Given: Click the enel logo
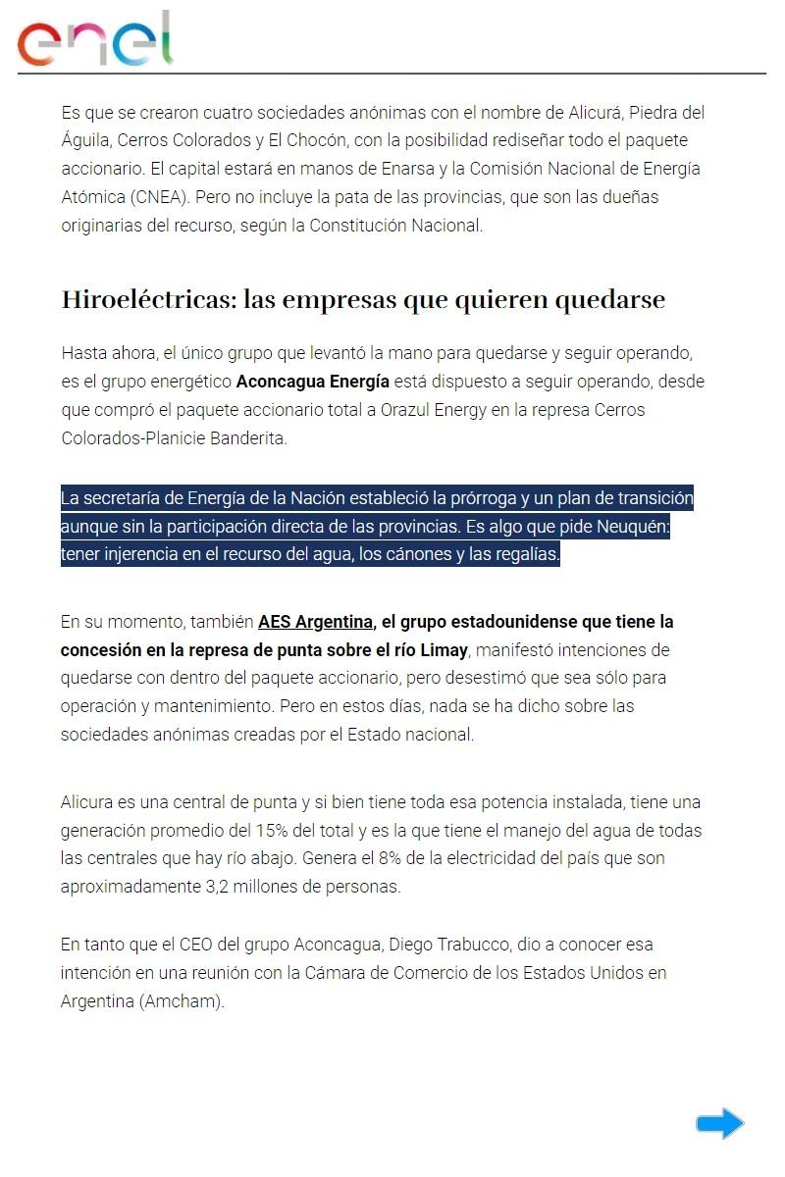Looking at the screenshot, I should pyautogui.click(x=94, y=39).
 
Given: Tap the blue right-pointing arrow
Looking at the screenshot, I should pyautogui.click(x=720, y=1123).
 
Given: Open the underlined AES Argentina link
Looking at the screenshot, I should pyautogui.click(x=315, y=622).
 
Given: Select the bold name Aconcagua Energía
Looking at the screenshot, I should pyautogui.click(x=313, y=381).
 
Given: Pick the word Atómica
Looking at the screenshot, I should pyautogui.click(x=92, y=196).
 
